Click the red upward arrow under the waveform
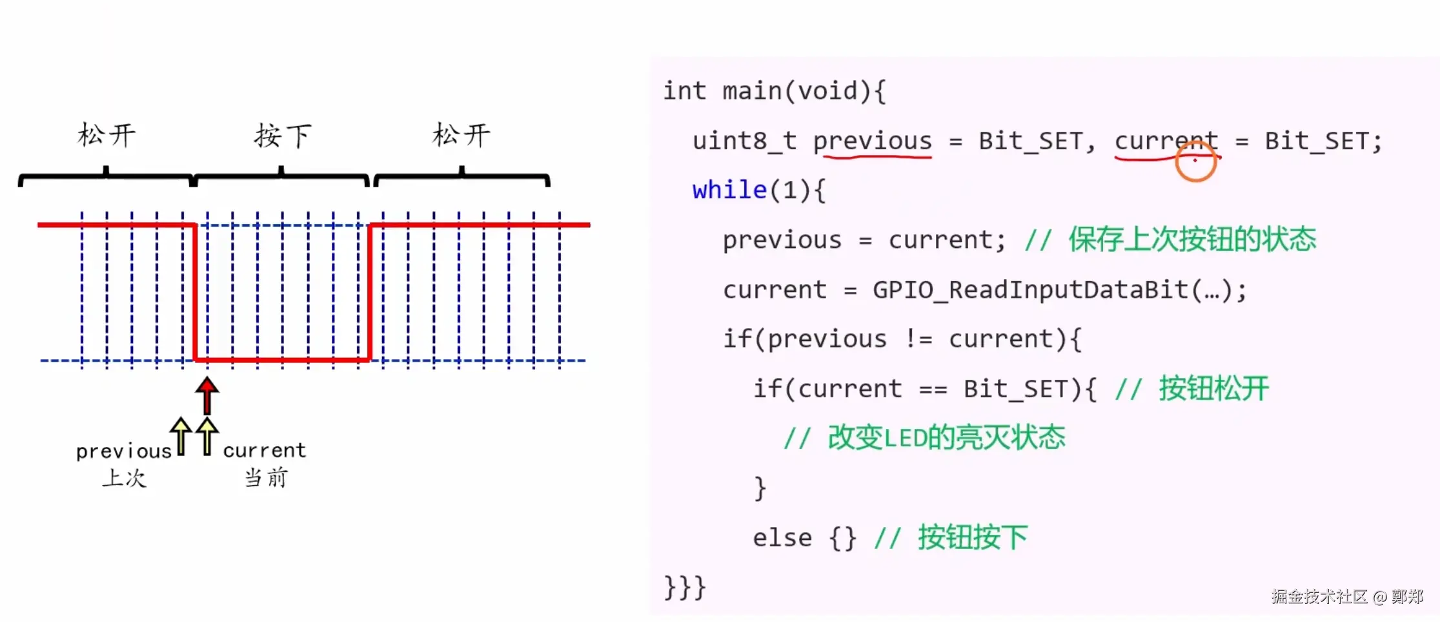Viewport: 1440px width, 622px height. [207, 395]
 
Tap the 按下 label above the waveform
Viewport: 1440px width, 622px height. [283, 136]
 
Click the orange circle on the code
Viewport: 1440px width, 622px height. [1195, 161]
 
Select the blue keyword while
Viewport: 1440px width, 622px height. [729, 191]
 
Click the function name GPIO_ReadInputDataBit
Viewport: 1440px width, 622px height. [1030, 290]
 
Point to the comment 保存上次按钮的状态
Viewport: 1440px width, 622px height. [1192, 240]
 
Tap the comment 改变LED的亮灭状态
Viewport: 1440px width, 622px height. [946, 438]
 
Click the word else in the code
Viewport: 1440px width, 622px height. [782, 537]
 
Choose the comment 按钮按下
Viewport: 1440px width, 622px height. [973, 537]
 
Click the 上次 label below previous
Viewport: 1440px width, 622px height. [125, 478]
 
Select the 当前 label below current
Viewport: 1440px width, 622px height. [266, 478]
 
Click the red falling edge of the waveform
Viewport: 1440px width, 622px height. [195, 292]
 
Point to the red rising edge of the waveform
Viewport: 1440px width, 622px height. [369, 292]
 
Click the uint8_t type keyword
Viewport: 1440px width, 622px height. [744, 141]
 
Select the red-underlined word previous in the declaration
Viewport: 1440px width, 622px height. [872, 141]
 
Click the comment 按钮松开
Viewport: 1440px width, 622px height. [1213, 389]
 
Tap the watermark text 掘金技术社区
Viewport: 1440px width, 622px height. [1319, 596]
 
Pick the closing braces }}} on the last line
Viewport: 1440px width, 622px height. [685, 587]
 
